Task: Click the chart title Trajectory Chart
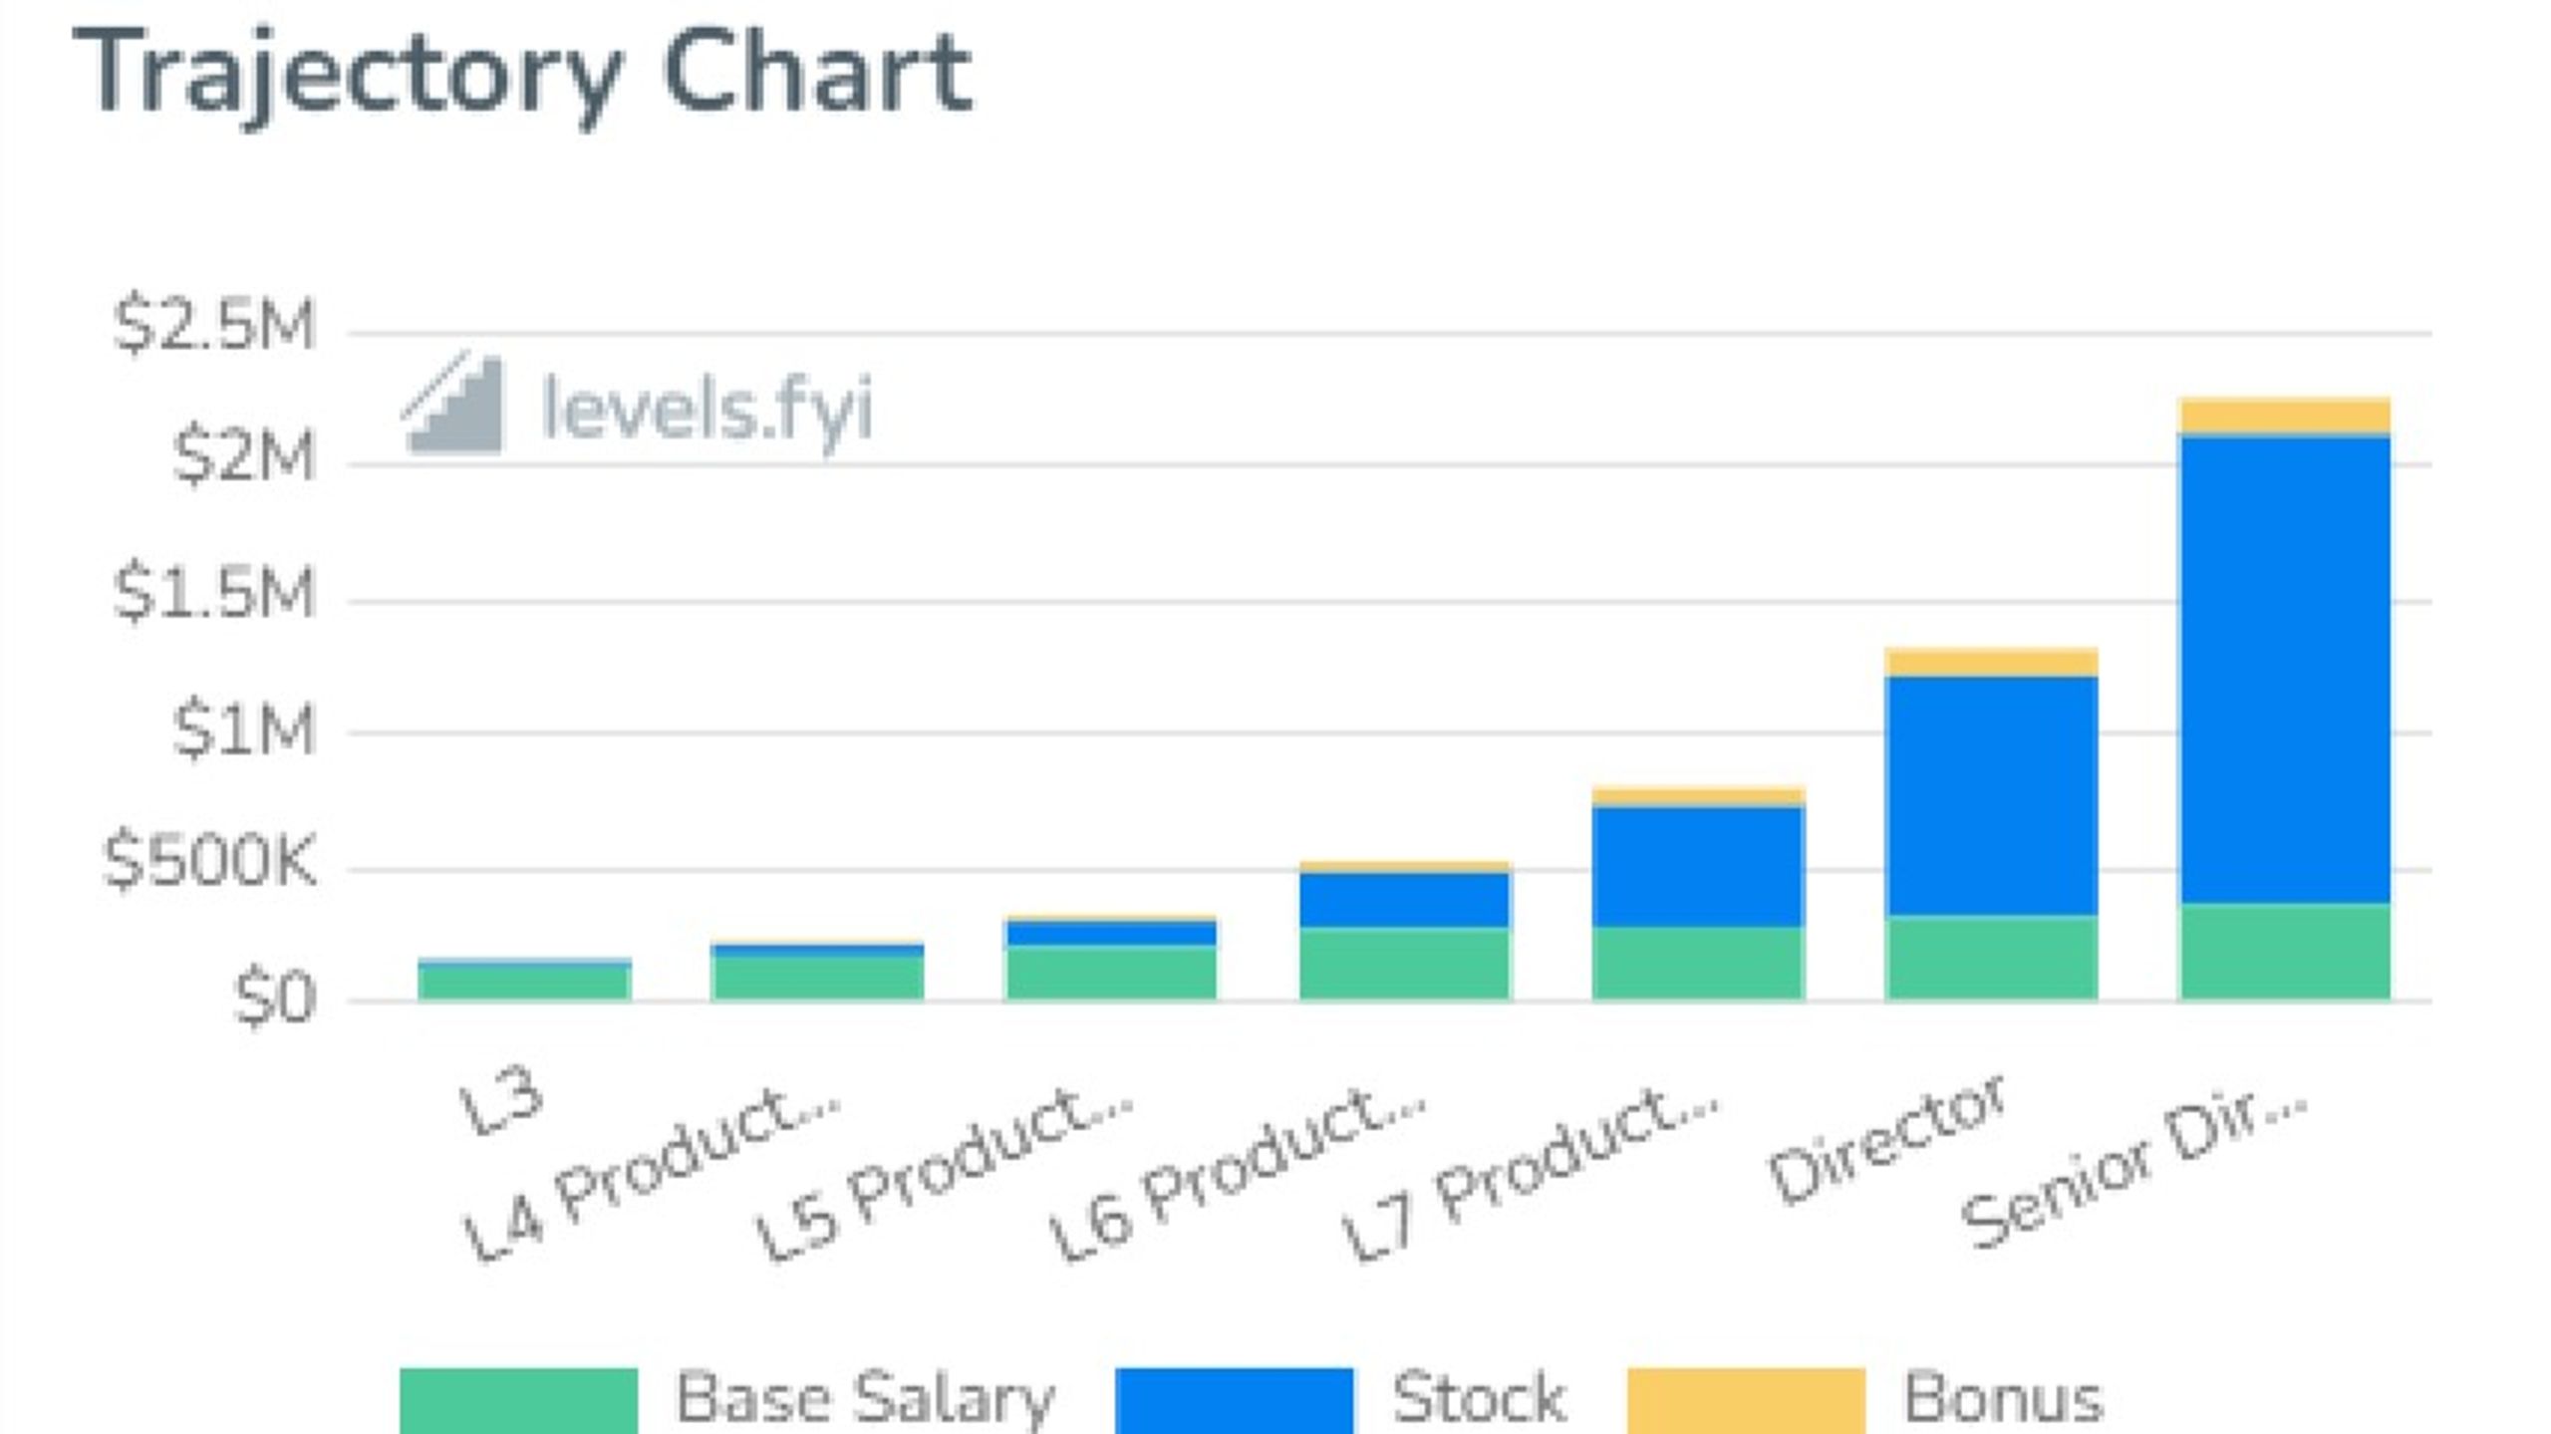click(522, 75)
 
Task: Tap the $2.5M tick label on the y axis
click(213, 324)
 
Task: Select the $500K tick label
click(209, 860)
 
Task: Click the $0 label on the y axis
click(274, 998)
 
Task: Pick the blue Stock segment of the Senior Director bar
click(2285, 670)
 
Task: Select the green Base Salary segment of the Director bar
click(1991, 958)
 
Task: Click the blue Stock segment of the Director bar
click(1991, 796)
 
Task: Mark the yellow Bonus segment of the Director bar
click(1991, 663)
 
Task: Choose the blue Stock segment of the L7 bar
click(1698, 866)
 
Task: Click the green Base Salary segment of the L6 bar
click(1405, 964)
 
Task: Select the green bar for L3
click(524, 982)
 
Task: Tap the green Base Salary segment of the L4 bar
click(817, 978)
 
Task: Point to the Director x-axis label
click(1885, 1137)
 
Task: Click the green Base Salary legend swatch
click(518, 1401)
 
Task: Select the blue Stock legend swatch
click(1234, 1401)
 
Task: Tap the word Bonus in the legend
click(2003, 1398)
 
